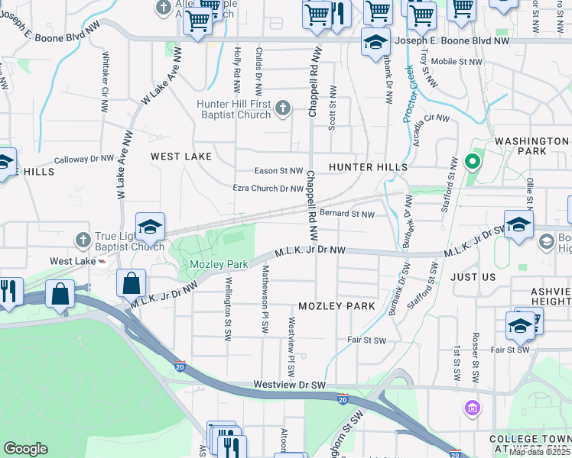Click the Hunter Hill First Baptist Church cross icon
click(x=282, y=108)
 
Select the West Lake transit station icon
click(x=102, y=261)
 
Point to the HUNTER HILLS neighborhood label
click(x=367, y=166)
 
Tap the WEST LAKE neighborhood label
click(x=180, y=156)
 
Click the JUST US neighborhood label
click(x=473, y=276)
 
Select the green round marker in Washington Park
click(x=472, y=162)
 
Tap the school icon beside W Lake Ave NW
click(x=151, y=226)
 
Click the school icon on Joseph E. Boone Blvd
click(x=375, y=43)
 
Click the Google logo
click(x=25, y=449)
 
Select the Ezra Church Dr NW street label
click(x=268, y=189)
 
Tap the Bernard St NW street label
click(x=347, y=214)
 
